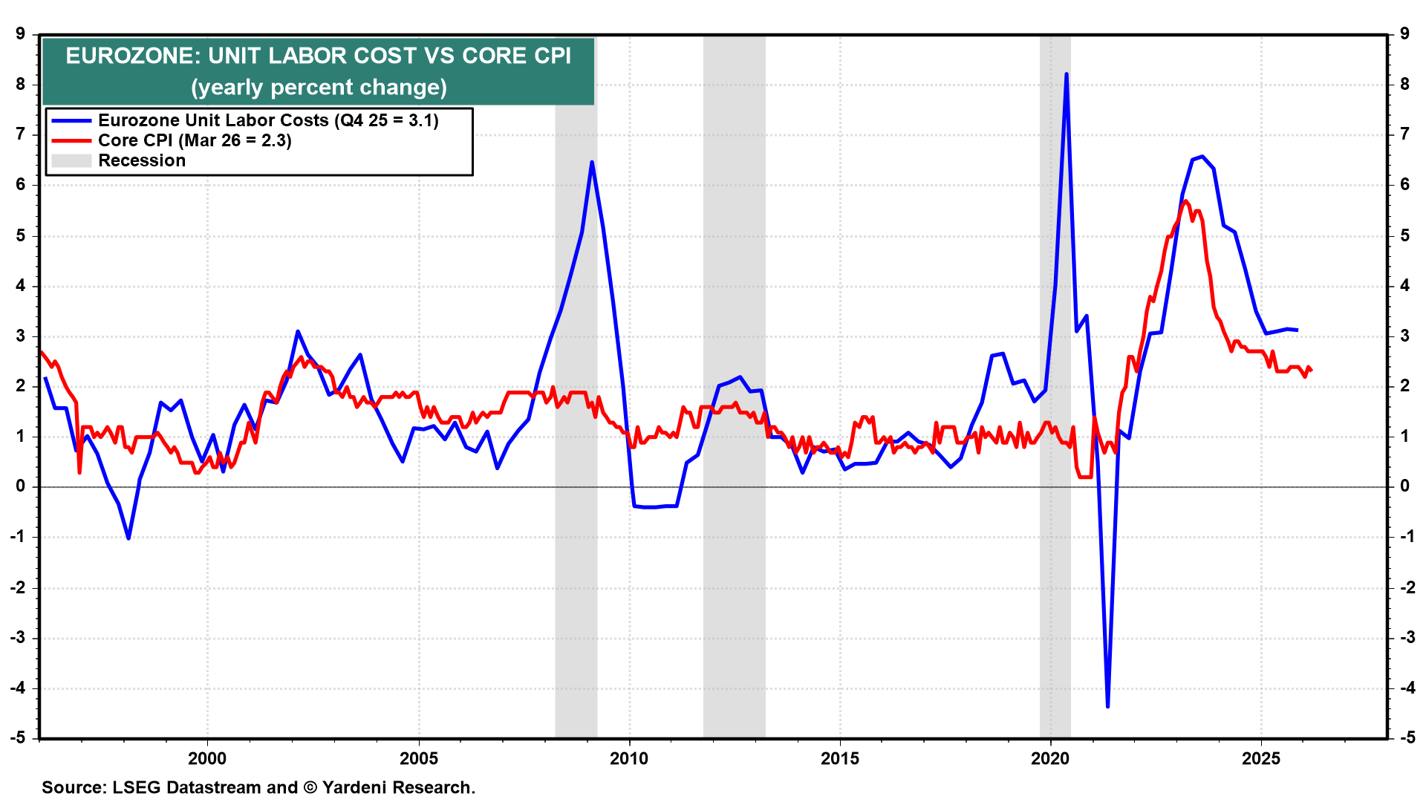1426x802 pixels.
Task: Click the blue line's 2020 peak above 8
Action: pos(1067,75)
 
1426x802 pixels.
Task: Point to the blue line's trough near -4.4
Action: pos(1107,705)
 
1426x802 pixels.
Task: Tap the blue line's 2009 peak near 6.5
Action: pos(591,163)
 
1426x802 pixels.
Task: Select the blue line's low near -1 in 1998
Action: pos(128,538)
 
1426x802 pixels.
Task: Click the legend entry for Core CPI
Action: pos(195,140)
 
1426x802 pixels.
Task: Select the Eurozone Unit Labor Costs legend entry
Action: pos(267,120)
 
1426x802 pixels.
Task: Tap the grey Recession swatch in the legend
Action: pos(71,160)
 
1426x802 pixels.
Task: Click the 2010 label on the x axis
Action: pos(628,758)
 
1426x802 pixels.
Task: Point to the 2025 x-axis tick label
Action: pos(1261,758)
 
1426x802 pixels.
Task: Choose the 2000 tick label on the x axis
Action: pos(207,758)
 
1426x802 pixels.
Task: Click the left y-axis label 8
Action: pos(21,84)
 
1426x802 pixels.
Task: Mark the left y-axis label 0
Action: pos(21,486)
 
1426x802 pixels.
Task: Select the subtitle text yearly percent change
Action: pos(319,88)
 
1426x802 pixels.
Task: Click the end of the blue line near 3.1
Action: pos(1297,330)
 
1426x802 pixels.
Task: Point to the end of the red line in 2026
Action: pos(1311,370)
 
